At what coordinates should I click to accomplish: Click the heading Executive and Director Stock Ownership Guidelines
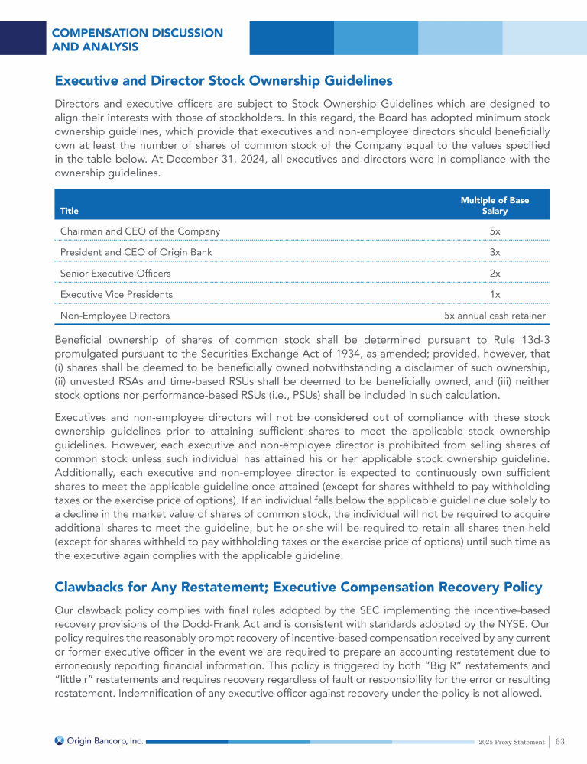[x=223, y=80]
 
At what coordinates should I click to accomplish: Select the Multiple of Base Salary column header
[x=495, y=206]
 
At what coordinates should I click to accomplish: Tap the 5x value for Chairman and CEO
[x=495, y=231]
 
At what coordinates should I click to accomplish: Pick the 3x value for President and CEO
[x=495, y=252]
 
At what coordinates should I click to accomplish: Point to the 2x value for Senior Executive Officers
[x=495, y=274]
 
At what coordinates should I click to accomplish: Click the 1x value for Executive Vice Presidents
[x=495, y=294]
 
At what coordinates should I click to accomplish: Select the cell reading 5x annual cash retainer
[x=495, y=315]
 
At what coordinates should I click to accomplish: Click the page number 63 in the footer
[x=560, y=741]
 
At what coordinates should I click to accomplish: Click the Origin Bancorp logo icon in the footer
[x=60, y=740]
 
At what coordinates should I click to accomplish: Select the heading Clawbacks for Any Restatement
[x=298, y=587]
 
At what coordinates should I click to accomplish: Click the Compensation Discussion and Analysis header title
[x=138, y=40]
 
